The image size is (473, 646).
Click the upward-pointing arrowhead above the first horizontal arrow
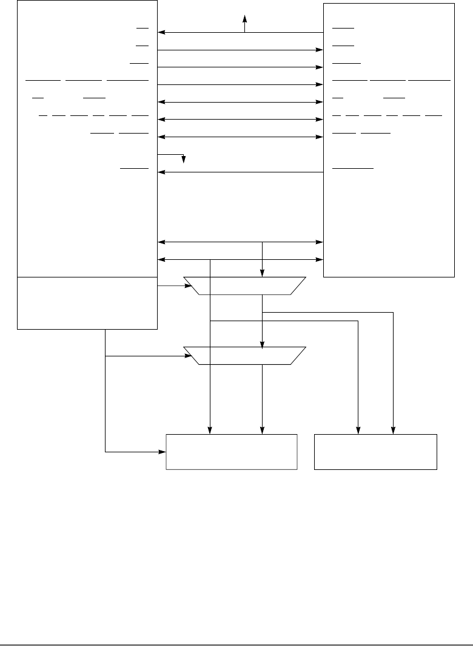pyautogui.click(x=244, y=18)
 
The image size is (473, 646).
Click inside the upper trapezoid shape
pyautogui.click(x=244, y=285)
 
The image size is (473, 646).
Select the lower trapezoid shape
pyautogui.click(x=244, y=356)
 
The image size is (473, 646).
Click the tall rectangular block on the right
pyautogui.click(x=389, y=140)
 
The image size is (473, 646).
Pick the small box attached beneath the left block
pyautogui.click(x=87, y=302)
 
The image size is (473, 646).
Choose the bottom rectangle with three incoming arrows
pyautogui.click(x=232, y=451)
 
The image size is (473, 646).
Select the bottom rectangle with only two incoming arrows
pyautogui.click(x=375, y=451)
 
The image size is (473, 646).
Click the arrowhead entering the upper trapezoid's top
pyautogui.click(x=262, y=274)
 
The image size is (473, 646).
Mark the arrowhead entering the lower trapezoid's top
pyautogui.click(x=262, y=345)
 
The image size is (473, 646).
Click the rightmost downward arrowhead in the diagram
pyautogui.click(x=394, y=431)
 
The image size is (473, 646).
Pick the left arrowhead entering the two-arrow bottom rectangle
pyautogui.click(x=358, y=431)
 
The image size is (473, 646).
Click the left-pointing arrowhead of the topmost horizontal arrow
pyautogui.click(x=162, y=33)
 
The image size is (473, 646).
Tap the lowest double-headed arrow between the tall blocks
pyautogui.click(x=240, y=260)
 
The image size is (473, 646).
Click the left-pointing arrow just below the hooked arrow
pyautogui.click(x=240, y=172)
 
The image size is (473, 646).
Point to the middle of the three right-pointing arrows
pyautogui.click(x=240, y=67)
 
